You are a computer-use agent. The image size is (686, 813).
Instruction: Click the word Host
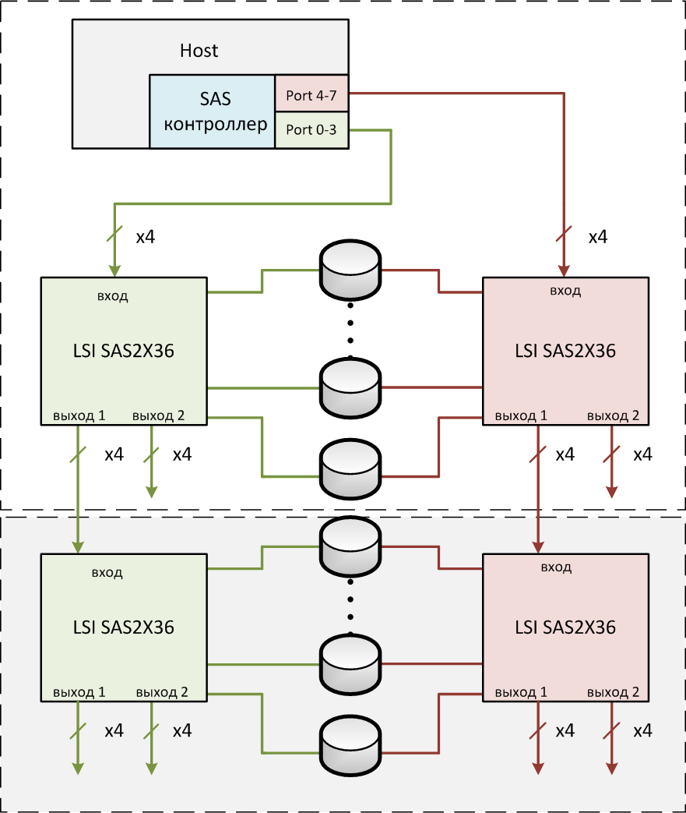199,51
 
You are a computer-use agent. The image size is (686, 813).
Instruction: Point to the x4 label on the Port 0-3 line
145,237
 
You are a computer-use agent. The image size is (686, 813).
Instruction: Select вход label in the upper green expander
113,295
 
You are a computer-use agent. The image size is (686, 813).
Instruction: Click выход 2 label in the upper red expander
613,415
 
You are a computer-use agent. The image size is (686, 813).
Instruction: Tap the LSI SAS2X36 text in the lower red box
565,627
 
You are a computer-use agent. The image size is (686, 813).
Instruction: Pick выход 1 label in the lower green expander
79,691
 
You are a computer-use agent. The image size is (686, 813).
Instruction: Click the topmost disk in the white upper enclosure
350,270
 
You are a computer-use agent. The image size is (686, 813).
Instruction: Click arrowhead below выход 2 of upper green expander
152,490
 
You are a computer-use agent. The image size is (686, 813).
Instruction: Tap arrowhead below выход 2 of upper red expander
612,490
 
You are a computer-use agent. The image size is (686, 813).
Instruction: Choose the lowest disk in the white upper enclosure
350,468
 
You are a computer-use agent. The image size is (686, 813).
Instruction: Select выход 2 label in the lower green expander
161,691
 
